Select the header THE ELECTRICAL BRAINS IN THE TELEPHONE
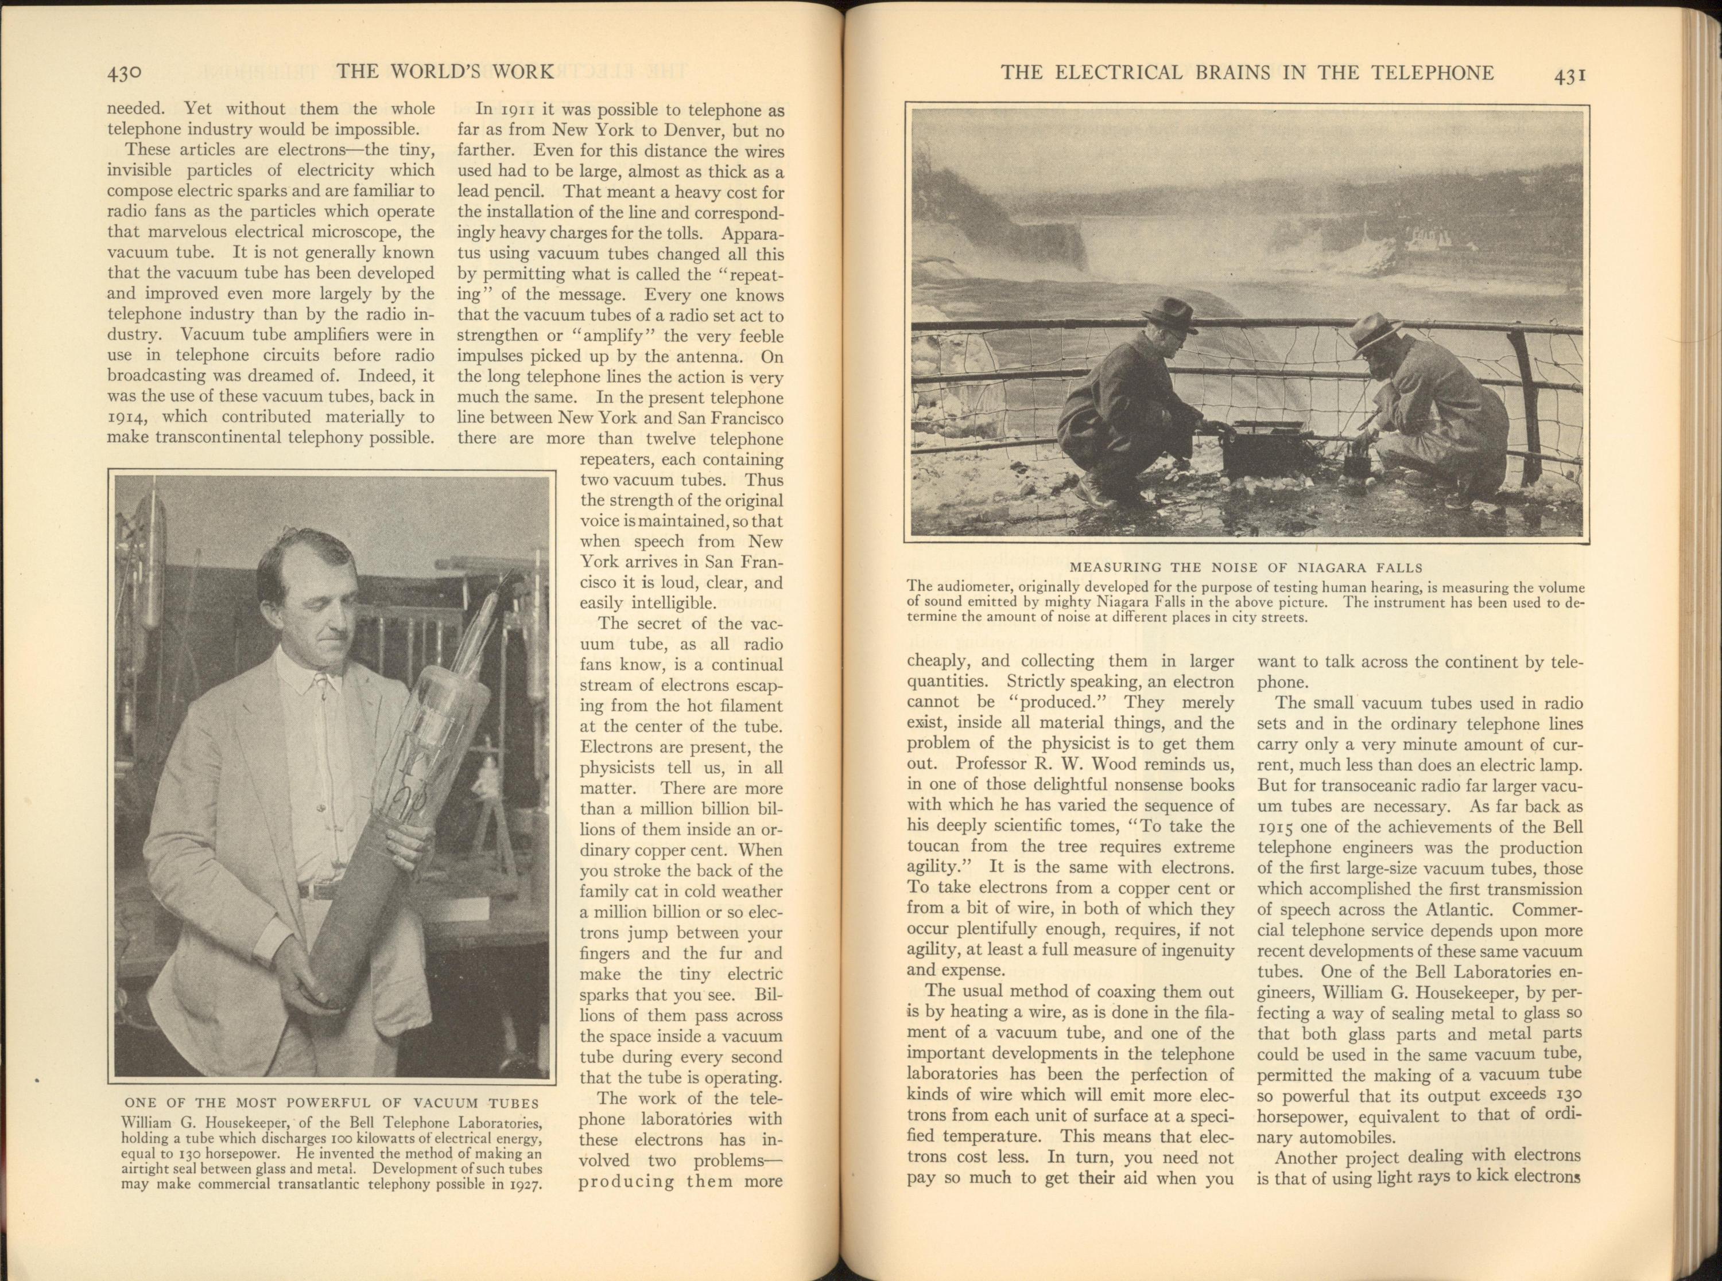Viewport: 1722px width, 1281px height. tap(1247, 73)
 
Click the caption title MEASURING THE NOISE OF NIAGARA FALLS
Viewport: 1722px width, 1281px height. tap(1247, 567)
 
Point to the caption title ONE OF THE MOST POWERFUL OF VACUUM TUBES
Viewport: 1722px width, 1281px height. tap(331, 1103)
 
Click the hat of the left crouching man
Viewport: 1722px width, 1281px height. tap(1170, 311)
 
